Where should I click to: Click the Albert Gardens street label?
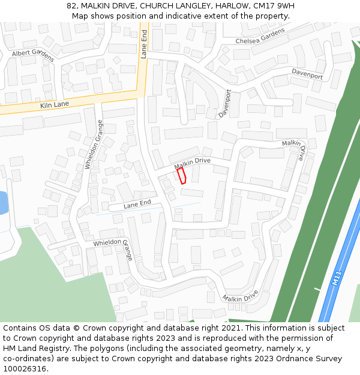33,55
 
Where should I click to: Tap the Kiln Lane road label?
55,104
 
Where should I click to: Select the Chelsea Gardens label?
260,37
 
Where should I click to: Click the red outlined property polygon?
181,175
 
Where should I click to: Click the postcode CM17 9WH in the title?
275,6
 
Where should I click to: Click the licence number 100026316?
25,368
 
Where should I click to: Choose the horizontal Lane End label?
137,205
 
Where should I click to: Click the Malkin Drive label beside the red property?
192,163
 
